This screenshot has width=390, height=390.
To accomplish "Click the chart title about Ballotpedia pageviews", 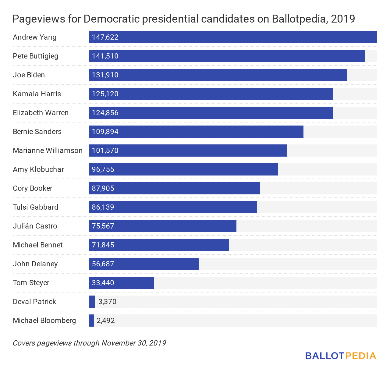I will tap(183, 19).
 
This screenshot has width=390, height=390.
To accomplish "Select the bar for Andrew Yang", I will tap(233, 37).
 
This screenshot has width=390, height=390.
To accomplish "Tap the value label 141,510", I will tap(105, 56).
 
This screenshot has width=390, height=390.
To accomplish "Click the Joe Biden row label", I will tap(29, 75).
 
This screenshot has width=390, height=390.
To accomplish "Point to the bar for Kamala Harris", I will tap(211, 94).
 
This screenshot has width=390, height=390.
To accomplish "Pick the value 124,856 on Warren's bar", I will tap(105, 113).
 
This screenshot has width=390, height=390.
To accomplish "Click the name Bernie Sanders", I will tap(37, 132).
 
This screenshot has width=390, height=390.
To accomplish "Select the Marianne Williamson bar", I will tap(188, 151).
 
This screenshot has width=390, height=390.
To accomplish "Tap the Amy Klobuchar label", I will tap(38, 169).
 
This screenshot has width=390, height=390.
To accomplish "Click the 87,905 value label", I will tap(103, 188).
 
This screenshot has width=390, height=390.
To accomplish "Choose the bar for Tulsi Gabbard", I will tap(173, 207).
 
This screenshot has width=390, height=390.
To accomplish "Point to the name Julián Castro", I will tap(35, 226).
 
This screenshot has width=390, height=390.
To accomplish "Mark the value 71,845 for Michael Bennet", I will tap(103, 245).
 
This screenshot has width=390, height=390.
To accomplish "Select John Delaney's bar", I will tap(144, 264).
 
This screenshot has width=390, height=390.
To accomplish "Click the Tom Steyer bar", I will tap(121, 283).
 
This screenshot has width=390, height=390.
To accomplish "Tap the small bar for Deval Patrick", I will tap(92, 302).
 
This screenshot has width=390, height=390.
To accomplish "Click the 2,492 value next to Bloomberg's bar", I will tap(106, 321).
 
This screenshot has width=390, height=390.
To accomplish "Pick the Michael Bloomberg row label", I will tap(44, 321).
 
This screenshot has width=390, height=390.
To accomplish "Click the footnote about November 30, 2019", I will tap(89, 343).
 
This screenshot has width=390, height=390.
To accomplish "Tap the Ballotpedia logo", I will tap(341, 356).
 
